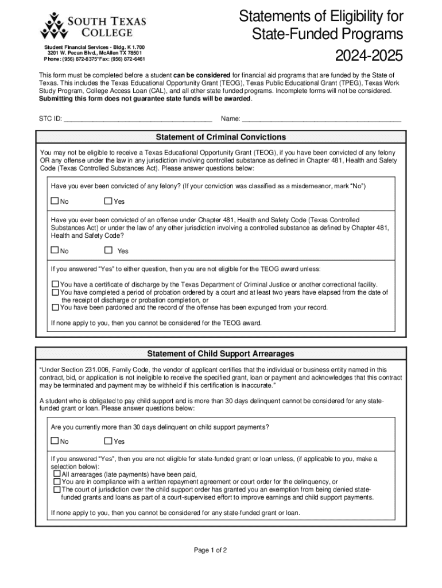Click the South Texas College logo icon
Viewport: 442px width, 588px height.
click(x=53, y=26)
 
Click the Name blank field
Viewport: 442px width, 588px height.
click(x=321, y=119)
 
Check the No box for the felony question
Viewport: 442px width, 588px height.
click(x=55, y=201)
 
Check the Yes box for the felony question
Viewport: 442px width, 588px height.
click(x=108, y=201)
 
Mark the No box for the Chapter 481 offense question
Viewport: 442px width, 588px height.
click(x=55, y=250)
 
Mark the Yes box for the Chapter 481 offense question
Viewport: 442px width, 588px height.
click(x=108, y=250)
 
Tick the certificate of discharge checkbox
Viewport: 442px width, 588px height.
click(x=56, y=284)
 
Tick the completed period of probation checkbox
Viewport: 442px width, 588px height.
click(x=56, y=292)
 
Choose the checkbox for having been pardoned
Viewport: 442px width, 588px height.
click(x=56, y=307)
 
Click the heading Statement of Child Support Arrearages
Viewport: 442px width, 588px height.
click(x=221, y=353)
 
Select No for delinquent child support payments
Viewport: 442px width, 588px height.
click(x=55, y=441)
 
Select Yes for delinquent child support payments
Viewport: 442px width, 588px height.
click(x=108, y=441)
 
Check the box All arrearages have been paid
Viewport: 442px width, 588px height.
click(x=57, y=474)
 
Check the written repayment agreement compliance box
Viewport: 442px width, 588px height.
click(x=57, y=482)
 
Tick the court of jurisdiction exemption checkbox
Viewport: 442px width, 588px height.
click(x=57, y=490)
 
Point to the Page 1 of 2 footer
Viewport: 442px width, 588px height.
click(x=211, y=550)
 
